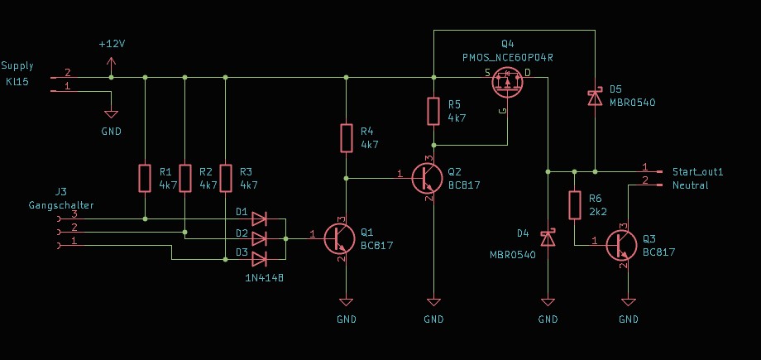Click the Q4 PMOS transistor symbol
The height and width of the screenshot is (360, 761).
pyautogui.click(x=508, y=83)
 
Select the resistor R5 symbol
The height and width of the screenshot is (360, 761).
pyautogui.click(x=434, y=111)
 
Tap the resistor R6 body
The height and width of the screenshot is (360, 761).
pyautogui.click(x=575, y=205)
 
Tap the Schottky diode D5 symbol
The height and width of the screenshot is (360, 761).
pyautogui.click(x=595, y=97)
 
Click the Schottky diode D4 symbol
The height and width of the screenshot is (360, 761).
pyautogui.click(x=548, y=238)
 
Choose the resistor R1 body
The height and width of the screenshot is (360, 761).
pyautogui.click(x=145, y=178)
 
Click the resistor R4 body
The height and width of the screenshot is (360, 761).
pyautogui.click(x=346, y=138)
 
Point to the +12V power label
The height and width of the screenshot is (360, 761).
pyautogui.click(x=112, y=44)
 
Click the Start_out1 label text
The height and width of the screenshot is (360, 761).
pyautogui.click(x=698, y=171)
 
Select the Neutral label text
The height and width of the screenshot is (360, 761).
pyautogui.click(x=690, y=185)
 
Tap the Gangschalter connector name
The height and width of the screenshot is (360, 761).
pyautogui.click(x=61, y=205)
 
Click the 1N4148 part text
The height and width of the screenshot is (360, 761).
pyautogui.click(x=265, y=278)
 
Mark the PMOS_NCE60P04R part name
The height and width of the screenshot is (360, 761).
pyautogui.click(x=508, y=58)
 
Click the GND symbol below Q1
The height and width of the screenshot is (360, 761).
pyautogui.click(x=346, y=302)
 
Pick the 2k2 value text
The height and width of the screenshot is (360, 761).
pyautogui.click(x=598, y=212)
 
